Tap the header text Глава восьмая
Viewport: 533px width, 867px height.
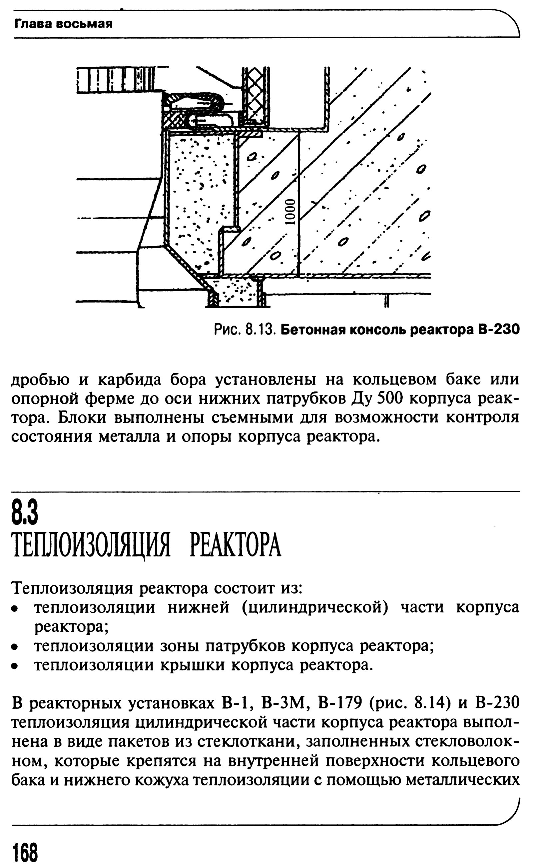63,24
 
